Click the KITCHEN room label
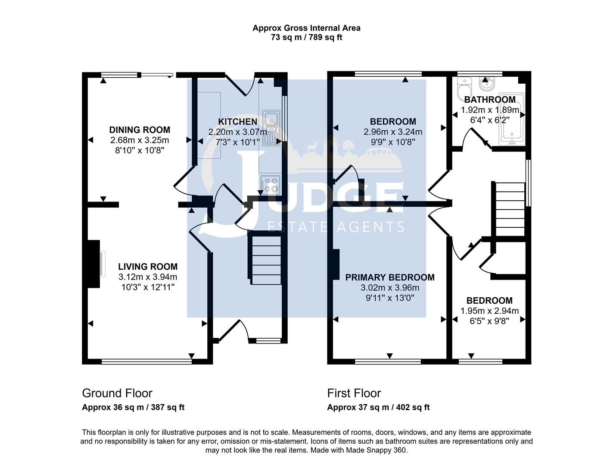pos(237,122)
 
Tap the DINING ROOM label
pos(140,130)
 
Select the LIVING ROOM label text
pos(148,267)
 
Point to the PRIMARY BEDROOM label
pos(390,277)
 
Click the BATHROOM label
pos(490,100)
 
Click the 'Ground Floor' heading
pos(117,393)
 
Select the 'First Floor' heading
pos(354,393)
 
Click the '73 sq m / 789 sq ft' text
pos(306,37)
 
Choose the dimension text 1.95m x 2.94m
pos(489,311)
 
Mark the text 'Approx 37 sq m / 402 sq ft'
pos(378,407)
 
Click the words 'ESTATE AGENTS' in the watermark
pos(336,227)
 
